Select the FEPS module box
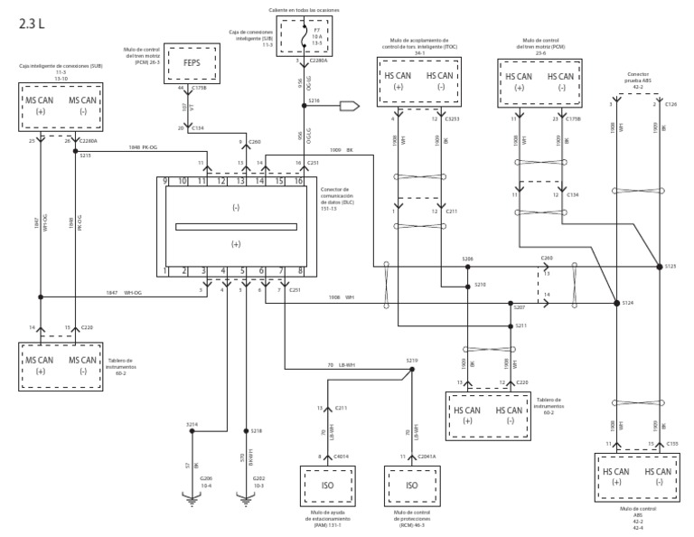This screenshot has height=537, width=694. (192, 64)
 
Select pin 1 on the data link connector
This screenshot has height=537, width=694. (164, 269)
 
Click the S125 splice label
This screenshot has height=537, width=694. (671, 267)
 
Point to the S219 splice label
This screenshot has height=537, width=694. (413, 360)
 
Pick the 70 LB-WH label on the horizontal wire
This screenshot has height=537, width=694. (339, 364)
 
